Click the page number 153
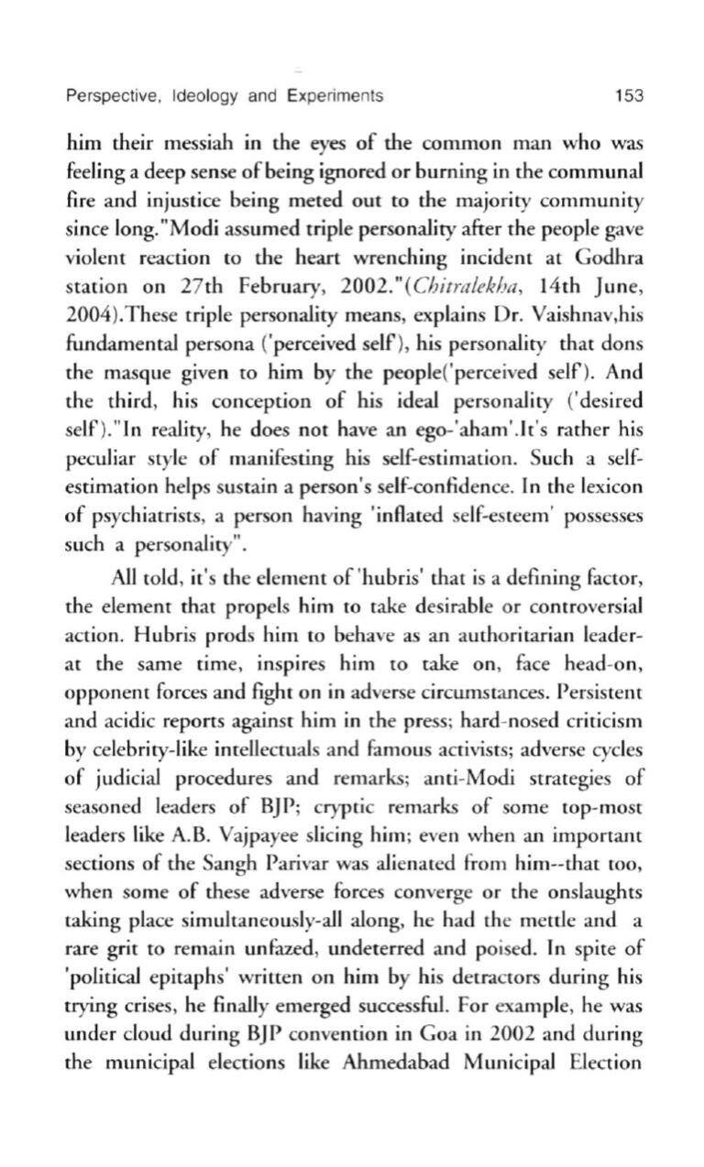pos(629,95)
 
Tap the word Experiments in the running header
pos(334,95)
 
